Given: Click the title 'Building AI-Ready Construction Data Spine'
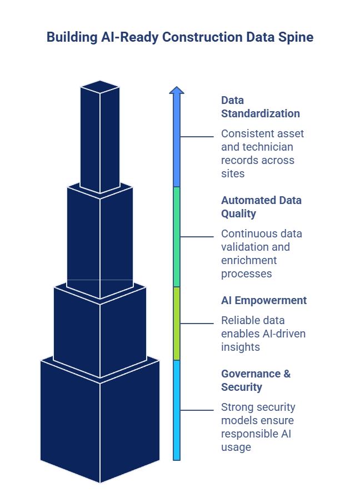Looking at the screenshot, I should click(x=180, y=37).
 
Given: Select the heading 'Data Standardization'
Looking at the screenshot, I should click(x=260, y=107).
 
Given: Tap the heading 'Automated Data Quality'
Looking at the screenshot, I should click(x=261, y=207).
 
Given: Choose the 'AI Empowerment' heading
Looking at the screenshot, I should click(x=263, y=300).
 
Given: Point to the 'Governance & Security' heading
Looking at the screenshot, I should click(x=256, y=380).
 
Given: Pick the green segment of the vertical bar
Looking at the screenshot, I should click(x=177, y=236).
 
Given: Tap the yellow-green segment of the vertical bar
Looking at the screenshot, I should click(x=177, y=323).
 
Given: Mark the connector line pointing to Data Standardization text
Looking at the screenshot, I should click(x=197, y=137).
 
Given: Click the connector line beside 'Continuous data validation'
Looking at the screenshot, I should click(x=197, y=237).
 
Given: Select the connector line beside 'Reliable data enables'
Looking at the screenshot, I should click(x=197, y=324).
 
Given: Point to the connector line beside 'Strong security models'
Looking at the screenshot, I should click(x=197, y=410).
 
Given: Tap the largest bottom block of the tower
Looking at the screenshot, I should click(x=100, y=423).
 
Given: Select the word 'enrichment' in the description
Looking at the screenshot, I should click(x=249, y=260).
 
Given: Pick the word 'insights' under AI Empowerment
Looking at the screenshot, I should click(x=240, y=347).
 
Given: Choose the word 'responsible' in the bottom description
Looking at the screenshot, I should click(x=249, y=434).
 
